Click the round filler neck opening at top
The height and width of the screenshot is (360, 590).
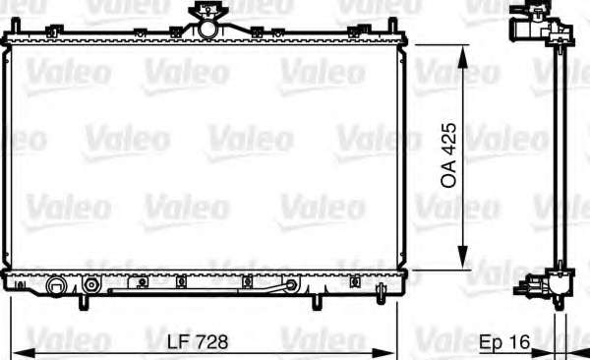pos(207,29)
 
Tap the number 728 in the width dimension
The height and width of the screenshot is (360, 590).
pos(213,342)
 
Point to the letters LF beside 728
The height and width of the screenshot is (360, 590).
pos(180,342)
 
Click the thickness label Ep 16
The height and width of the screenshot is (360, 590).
pos(504,342)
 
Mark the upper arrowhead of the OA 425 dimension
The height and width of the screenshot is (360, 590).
pos(463,57)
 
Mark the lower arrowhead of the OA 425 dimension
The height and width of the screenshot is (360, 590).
pos(463,257)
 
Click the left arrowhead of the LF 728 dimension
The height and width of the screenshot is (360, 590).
pos(24,353)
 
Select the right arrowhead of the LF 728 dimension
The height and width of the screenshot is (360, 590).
pos(383,353)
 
